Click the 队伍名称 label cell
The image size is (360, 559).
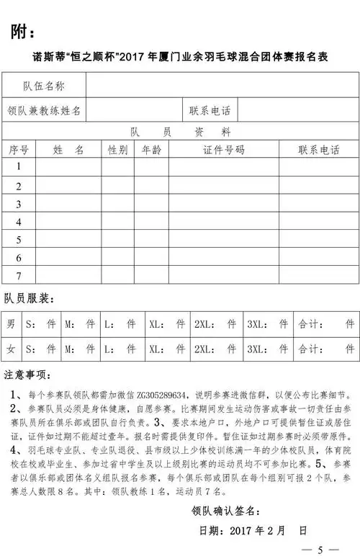point(45,86)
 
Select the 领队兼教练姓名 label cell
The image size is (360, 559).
point(45,111)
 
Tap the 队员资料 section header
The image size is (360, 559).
point(180,133)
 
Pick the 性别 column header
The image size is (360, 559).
point(117,150)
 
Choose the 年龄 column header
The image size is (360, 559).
point(150,150)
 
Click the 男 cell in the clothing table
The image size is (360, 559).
point(12,325)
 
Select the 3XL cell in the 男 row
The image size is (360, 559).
point(268,325)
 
